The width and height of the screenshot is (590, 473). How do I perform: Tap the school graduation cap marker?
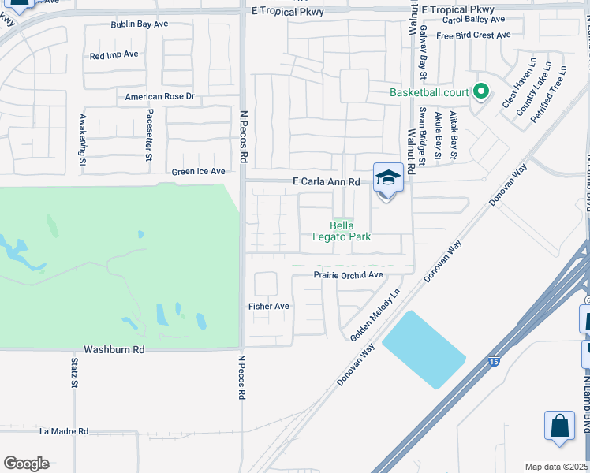click(x=387, y=178)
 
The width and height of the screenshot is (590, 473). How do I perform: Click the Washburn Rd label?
click(x=114, y=348)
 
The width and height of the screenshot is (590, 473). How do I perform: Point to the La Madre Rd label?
click(x=64, y=431)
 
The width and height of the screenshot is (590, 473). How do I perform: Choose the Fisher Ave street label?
click(x=269, y=306)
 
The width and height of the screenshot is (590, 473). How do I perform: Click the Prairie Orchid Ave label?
click(x=348, y=275)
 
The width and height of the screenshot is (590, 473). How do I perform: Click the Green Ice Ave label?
click(x=199, y=171)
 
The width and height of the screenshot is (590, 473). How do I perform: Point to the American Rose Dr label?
click(x=159, y=97)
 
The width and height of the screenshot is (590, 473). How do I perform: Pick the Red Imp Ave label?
click(x=114, y=55)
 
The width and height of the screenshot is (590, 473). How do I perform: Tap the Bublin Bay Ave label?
click(x=140, y=24)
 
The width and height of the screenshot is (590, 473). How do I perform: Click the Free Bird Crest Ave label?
click(x=473, y=35)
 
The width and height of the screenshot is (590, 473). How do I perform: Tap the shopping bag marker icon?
click(x=559, y=426)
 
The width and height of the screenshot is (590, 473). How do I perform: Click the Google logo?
click(x=26, y=464)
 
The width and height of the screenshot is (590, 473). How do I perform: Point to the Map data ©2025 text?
click(x=556, y=467)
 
